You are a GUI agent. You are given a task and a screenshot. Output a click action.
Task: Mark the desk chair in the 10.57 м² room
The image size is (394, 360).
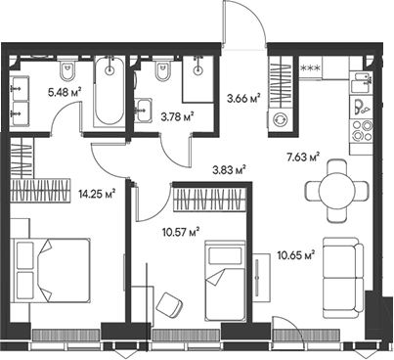click(169, 303)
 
